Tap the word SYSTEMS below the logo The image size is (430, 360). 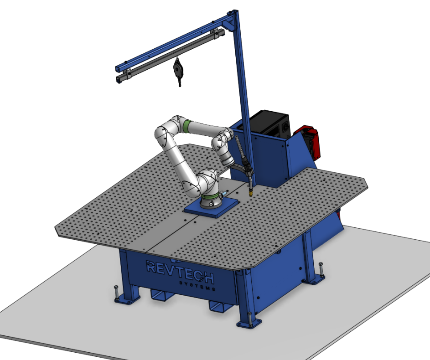click(197, 286)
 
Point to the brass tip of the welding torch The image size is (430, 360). click(250, 193)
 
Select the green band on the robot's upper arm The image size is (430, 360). click(187, 126)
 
